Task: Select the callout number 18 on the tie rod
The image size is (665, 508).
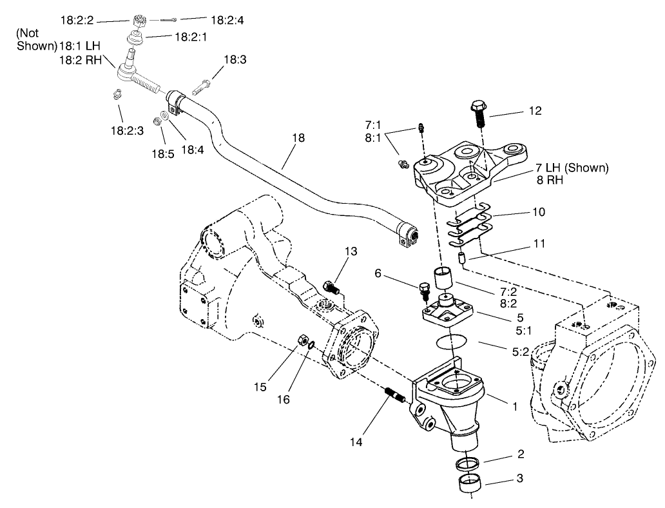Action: click(298, 138)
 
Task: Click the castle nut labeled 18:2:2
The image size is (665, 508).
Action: click(139, 20)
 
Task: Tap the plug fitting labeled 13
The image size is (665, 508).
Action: click(331, 286)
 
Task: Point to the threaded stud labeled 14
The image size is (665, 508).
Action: click(394, 394)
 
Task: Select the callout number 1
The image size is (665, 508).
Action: click(514, 407)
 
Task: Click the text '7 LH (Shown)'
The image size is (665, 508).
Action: click(571, 168)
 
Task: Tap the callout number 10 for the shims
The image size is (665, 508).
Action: click(538, 212)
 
